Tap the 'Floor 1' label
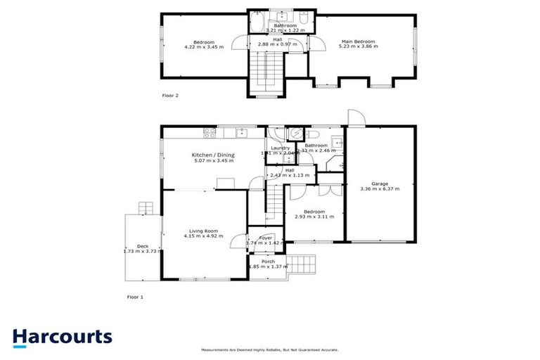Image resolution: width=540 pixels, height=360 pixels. pyautogui.click(x=134, y=297)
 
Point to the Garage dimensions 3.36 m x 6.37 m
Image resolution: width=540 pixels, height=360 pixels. pyautogui.click(x=378, y=189)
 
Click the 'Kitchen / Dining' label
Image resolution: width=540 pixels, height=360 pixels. pyautogui.click(x=214, y=155)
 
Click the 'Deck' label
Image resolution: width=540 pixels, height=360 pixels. pyautogui.click(x=143, y=245)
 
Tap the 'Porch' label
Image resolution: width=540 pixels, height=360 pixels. pyautogui.click(x=268, y=261)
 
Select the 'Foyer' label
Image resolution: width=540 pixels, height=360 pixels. pyautogui.click(x=265, y=238)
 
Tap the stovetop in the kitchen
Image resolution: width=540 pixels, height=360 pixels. pyautogui.click(x=209, y=131)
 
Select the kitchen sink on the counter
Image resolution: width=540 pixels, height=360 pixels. pyautogui.click(x=241, y=131)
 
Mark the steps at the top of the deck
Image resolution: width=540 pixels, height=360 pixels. pyautogui.click(x=145, y=207)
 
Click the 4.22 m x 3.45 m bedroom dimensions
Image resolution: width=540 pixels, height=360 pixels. pyautogui.click(x=203, y=47)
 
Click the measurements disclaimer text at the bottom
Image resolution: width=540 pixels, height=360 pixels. pyautogui.click(x=270, y=349)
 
